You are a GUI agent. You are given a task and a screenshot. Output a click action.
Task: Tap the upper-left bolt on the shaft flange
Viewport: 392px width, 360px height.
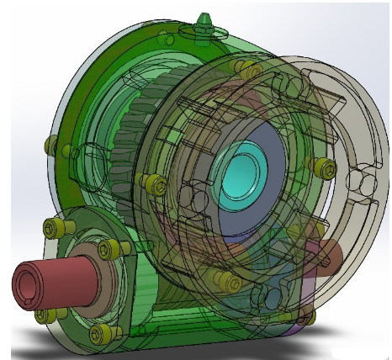coord(53,227)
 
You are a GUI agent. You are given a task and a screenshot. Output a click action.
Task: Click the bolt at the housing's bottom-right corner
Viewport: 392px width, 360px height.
coord(305,314)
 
